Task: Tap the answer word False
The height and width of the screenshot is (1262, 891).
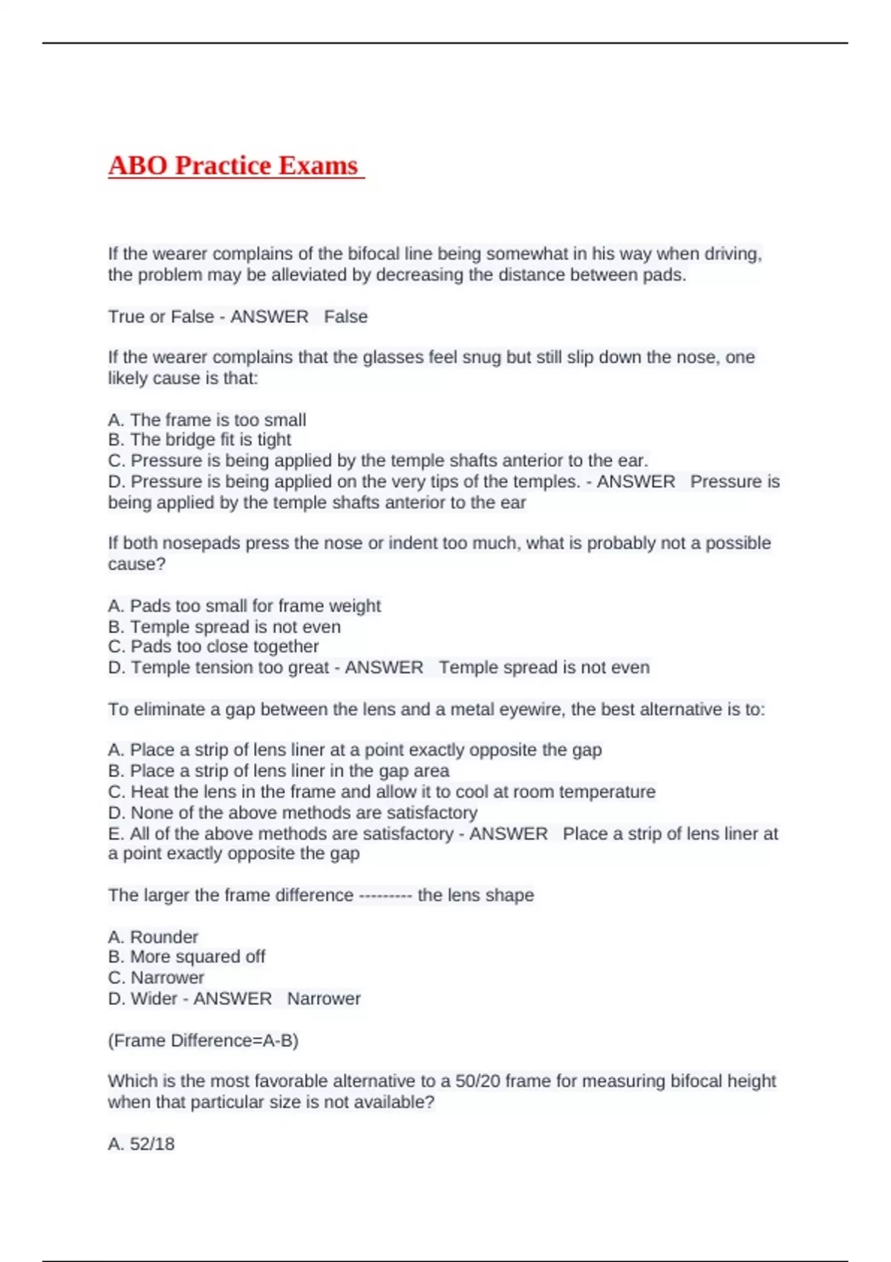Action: (346, 317)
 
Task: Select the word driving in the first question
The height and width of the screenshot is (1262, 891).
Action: (731, 254)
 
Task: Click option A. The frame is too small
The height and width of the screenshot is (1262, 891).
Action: (207, 420)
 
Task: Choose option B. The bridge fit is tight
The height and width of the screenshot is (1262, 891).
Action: (200, 439)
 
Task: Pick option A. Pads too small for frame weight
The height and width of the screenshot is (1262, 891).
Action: (244, 606)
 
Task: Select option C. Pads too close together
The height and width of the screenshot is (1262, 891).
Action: (214, 647)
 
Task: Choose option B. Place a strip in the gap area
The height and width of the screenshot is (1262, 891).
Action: (278, 771)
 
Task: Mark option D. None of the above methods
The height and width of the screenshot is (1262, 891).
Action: (293, 813)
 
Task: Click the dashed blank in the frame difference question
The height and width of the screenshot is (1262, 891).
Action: (385, 895)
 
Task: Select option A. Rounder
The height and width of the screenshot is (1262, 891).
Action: (153, 937)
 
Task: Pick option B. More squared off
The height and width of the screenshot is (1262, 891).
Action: (186, 957)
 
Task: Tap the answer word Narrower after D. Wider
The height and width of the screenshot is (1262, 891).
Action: (324, 999)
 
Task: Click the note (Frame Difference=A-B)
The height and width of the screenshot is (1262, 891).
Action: (203, 1041)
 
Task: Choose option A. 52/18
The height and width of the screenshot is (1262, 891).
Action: (141, 1144)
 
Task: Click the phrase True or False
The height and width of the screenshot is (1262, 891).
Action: (160, 317)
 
